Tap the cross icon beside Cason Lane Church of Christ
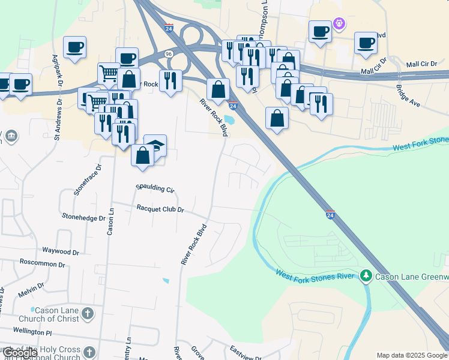coord(88,313)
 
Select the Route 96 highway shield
coord(169,54)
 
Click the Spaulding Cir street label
coord(155,188)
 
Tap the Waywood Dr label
coord(60,251)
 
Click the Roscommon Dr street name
coord(42,263)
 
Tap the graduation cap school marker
coord(155,145)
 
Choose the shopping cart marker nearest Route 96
coord(109,73)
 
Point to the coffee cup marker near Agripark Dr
coord(74,47)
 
